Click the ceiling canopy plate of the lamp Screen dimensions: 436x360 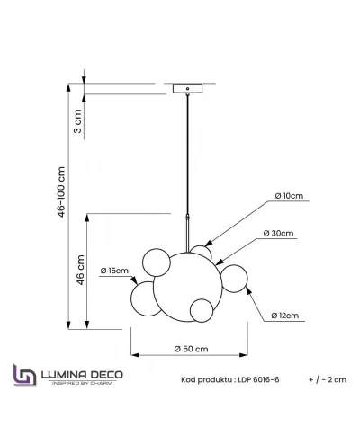pos(186,89)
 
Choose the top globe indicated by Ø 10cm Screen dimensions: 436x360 pos(199,254)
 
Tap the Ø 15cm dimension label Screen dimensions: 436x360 pos(115,270)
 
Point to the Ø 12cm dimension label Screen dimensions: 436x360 pos(284,316)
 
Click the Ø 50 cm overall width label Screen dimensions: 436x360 pos(191,349)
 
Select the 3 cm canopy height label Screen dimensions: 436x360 pos(78,116)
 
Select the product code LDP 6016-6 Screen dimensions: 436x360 pos(231,381)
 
